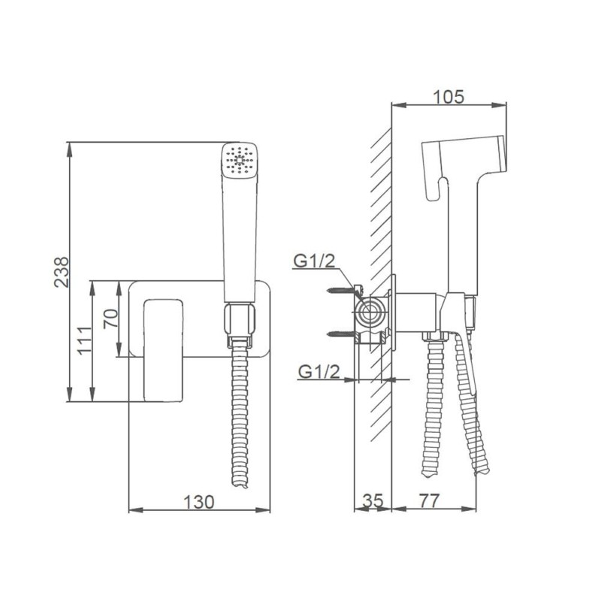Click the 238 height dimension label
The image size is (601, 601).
click(62, 272)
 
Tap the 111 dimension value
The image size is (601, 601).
click(85, 341)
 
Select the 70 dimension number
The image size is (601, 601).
click(111, 319)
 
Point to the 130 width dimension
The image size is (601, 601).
click(199, 502)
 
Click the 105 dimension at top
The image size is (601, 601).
click(448, 97)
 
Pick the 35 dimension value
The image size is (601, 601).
click(373, 500)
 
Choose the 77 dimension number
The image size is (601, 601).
click(429, 500)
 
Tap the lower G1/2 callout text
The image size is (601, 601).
click(319, 371)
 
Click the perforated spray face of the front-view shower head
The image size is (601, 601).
click(240, 160)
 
